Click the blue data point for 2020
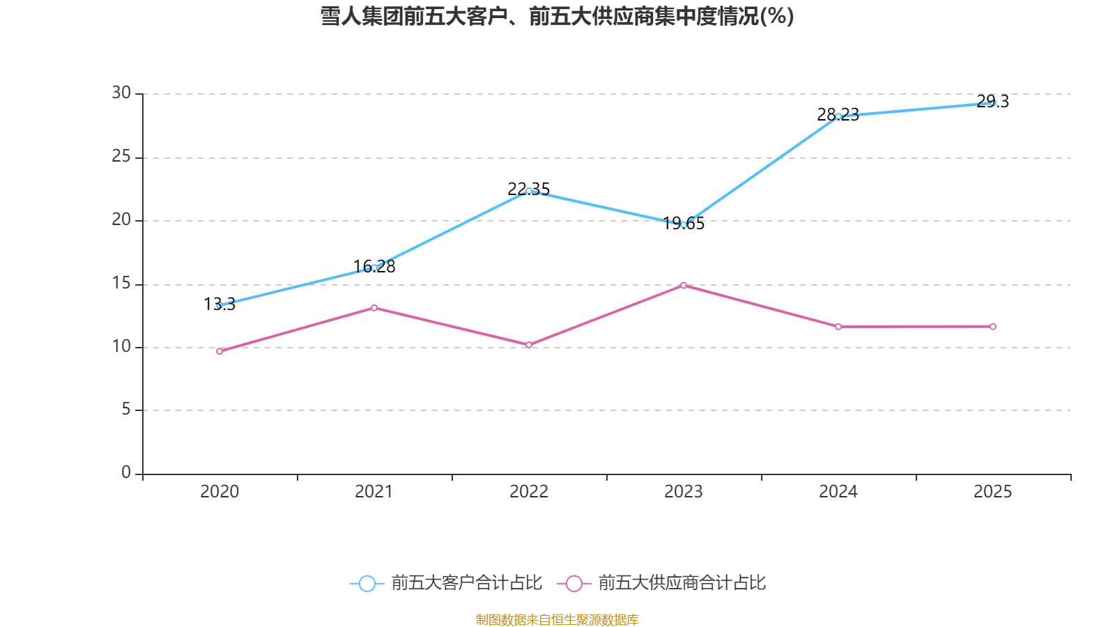point(220,305)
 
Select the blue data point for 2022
point(529,191)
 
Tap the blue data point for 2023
point(684,225)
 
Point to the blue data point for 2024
point(838,116)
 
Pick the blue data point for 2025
point(993,103)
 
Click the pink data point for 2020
point(220,351)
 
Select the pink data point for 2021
point(374,308)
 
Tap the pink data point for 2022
point(529,345)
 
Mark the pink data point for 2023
point(684,285)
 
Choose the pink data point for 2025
point(993,327)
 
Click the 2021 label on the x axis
point(374,492)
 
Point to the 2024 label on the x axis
point(838,492)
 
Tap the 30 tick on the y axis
point(121,93)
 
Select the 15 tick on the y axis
point(121,284)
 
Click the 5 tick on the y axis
point(126,410)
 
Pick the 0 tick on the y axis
point(126,473)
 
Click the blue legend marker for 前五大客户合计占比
point(367,583)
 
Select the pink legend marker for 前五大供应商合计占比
point(574,583)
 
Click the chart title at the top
point(557,16)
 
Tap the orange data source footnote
point(557,619)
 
